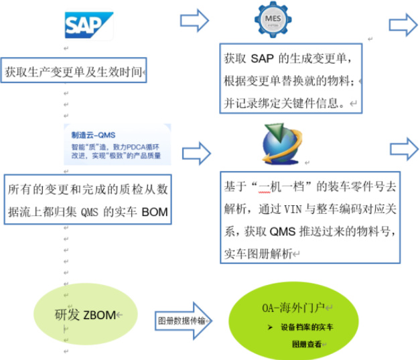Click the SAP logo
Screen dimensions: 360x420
click(x=88, y=25)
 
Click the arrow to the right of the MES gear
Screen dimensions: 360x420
click(x=403, y=25)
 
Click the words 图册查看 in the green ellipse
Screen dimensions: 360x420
click(x=309, y=344)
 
